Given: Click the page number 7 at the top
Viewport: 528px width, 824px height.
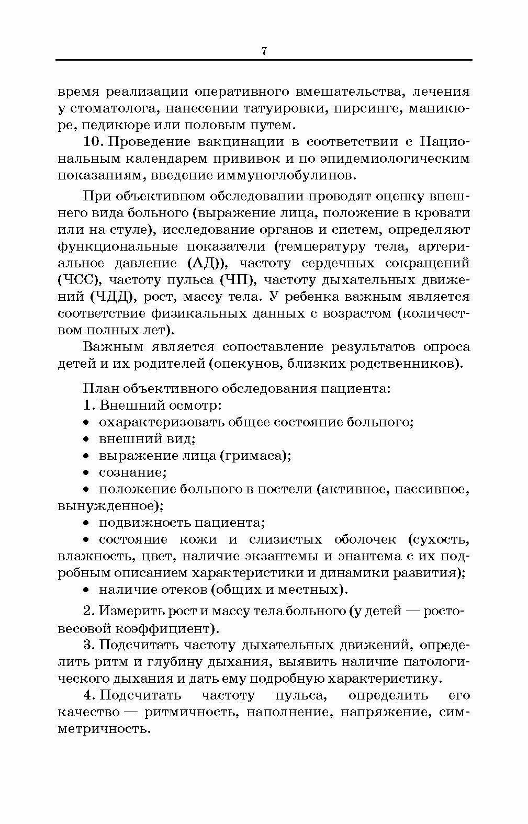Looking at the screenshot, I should tap(264, 51).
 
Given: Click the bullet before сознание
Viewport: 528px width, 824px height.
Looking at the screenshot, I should tap(87, 473).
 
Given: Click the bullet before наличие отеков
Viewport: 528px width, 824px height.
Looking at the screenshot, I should tap(87, 590).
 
